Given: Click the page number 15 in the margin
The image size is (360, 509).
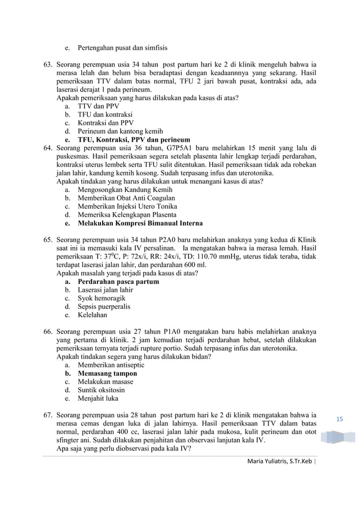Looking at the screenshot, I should tap(340, 418).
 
